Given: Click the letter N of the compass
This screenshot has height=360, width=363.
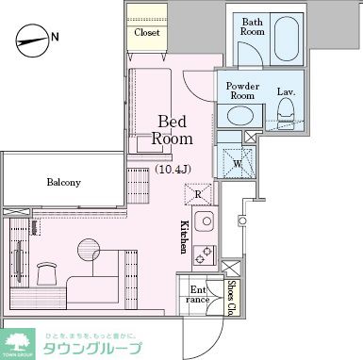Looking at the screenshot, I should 56,38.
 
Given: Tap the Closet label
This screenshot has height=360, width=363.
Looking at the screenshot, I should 146,32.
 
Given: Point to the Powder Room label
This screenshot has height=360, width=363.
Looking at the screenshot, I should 242,90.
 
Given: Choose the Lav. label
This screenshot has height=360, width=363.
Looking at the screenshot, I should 286,91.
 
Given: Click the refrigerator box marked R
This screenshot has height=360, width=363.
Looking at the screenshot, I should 198,195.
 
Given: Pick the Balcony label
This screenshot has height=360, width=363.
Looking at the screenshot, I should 63,183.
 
